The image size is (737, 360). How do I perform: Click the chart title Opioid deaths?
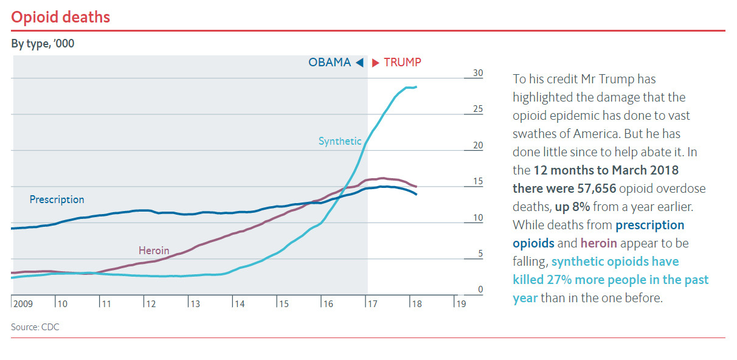coord(61,17)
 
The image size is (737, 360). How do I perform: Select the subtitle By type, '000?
coord(43,44)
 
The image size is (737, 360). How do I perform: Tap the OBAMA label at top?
coord(330,63)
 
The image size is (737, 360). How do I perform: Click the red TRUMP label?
coord(402,63)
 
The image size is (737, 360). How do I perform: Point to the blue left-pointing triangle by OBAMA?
coord(359,63)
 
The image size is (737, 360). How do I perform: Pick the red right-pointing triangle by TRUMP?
coord(376,63)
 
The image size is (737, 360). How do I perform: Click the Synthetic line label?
coord(340,141)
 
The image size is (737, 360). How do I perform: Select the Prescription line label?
coord(57,199)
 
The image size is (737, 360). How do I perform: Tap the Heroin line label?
coord(154,251)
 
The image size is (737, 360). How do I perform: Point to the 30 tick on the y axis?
coord(478,73)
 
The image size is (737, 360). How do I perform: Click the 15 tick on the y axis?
coord(478,181)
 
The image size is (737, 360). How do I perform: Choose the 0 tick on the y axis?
coord(480,289)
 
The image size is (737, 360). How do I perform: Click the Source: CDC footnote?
coord(35,327)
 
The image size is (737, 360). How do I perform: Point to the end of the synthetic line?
coord(416,87)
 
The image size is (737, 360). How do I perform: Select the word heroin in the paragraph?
coord(599,243)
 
